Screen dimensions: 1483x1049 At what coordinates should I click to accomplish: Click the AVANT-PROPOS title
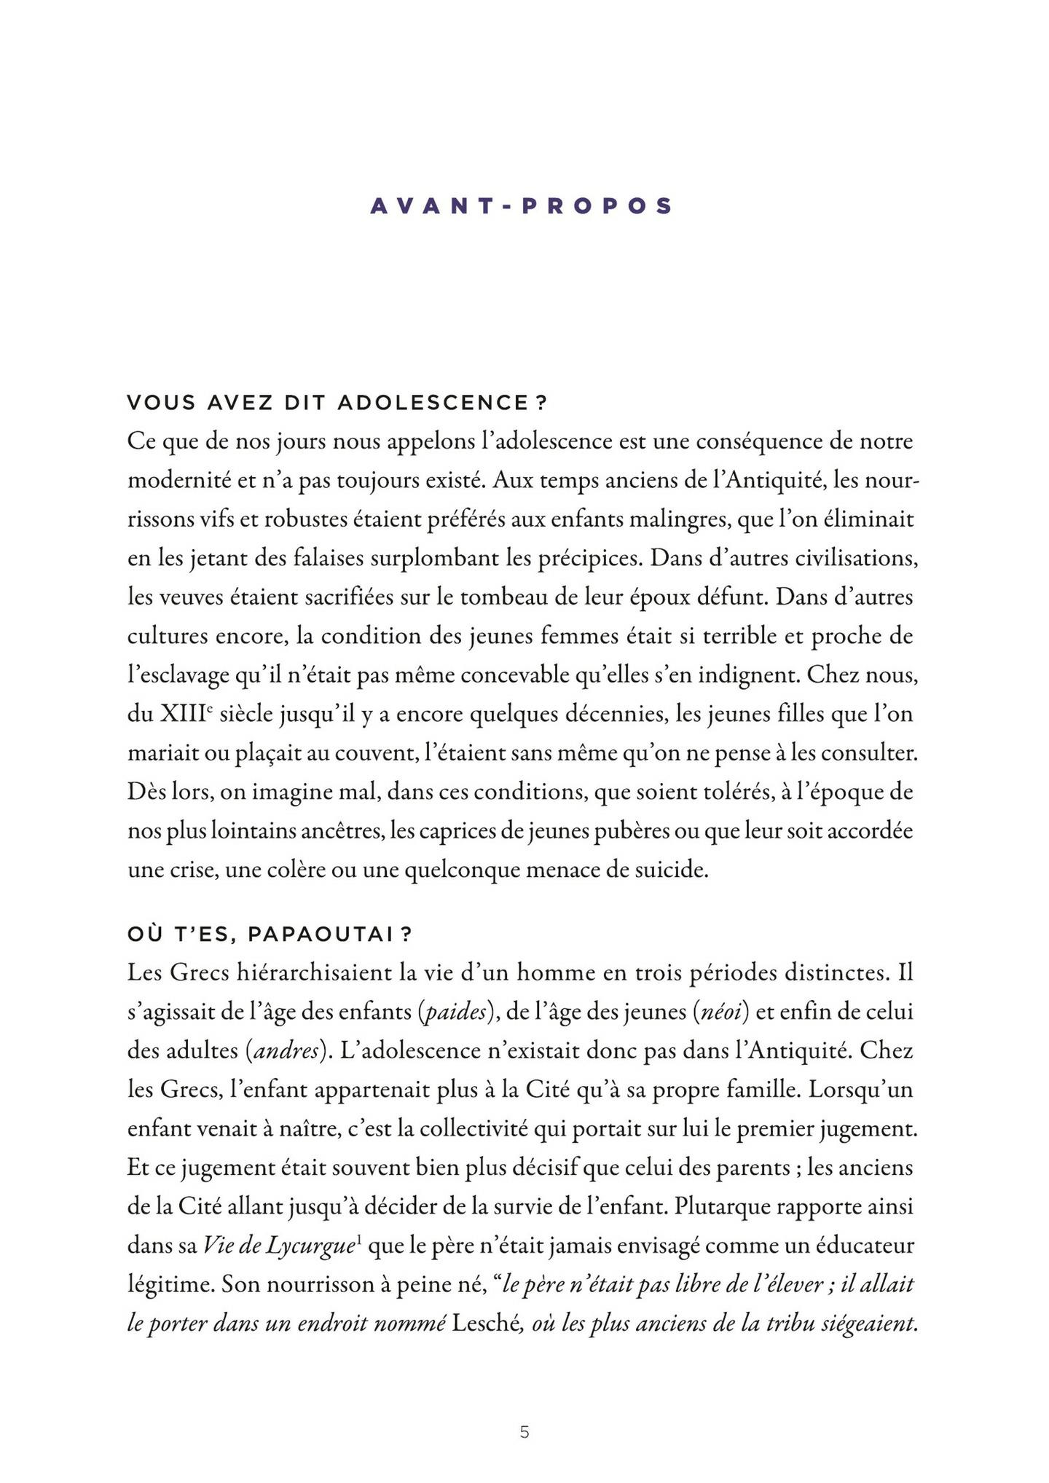tap(521, 206)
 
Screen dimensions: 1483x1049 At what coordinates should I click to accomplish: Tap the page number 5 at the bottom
tap(524, 1432)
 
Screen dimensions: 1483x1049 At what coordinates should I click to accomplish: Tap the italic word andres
tap(284, 1051)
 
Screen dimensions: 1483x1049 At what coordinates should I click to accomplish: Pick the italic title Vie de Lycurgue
tap(277, 1246)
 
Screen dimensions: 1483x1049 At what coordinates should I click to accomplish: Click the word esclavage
tap(179, 676)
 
